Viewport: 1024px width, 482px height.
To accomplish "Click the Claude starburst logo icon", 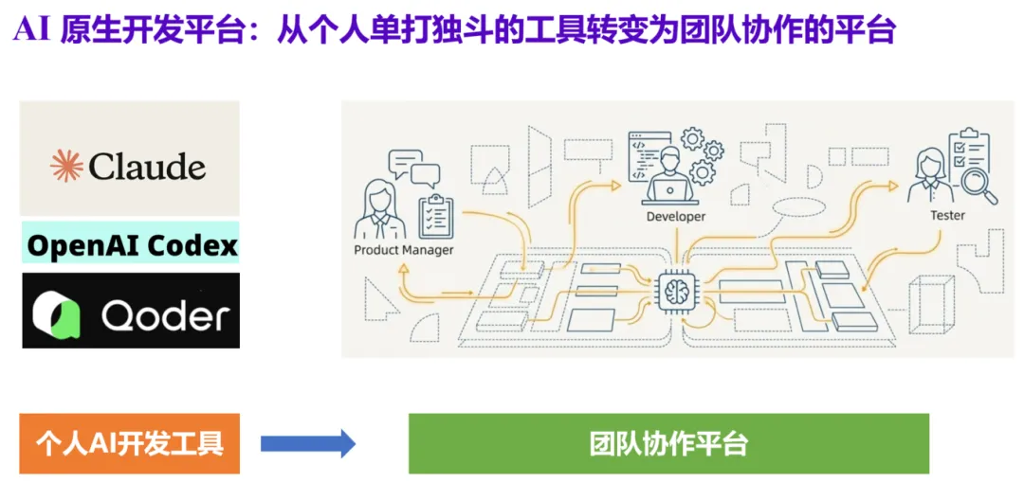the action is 66,167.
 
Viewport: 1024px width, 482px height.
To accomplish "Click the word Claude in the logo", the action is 147,168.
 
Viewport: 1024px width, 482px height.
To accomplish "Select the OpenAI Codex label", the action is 131,245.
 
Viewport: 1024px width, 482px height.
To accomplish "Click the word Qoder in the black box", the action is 165,314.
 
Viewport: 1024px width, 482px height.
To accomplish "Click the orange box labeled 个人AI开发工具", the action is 130,443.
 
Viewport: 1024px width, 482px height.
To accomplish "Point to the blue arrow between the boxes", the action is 307,443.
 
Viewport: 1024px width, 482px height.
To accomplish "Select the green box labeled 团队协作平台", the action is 668,443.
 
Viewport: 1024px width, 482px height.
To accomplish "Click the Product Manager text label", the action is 403,250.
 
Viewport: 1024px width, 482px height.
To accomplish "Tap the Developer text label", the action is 675,217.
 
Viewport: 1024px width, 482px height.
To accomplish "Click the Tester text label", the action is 946,216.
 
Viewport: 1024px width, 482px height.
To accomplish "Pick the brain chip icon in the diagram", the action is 676,286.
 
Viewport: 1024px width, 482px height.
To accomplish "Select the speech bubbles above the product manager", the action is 413,168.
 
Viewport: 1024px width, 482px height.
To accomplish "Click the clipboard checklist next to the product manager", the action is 435,215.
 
